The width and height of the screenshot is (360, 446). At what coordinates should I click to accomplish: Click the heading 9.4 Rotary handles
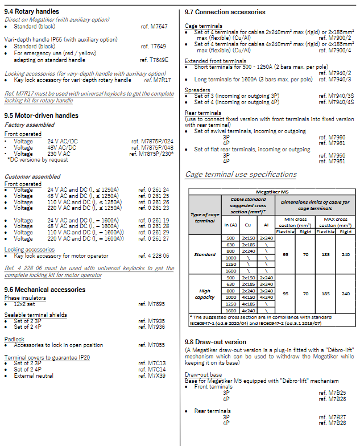(32, 11)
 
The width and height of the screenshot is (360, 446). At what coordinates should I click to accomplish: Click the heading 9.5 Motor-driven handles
(42, 115)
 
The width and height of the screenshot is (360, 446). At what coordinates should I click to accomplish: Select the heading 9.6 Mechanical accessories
(45, 290)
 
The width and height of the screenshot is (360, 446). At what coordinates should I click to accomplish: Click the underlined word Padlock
(14, 339)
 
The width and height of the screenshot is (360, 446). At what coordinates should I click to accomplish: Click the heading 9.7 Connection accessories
(225, 12)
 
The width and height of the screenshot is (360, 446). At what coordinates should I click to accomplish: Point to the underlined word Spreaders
(197, 90)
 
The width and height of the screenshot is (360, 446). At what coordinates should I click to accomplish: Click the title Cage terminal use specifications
(241, 174)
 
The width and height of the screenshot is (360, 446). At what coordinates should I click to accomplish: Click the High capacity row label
(205, 294)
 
